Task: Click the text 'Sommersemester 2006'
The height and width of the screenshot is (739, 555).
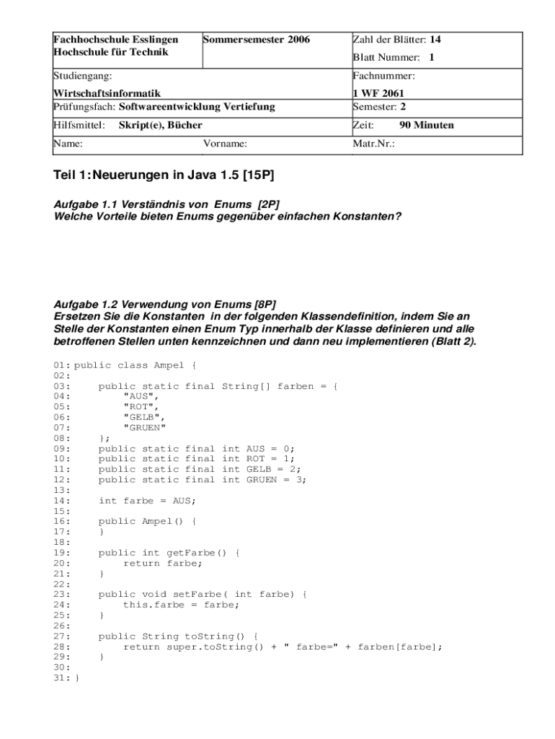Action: [257, 40]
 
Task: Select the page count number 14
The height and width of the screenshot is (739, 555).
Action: [435, 40]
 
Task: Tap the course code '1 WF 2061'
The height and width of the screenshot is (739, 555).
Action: [378, 93]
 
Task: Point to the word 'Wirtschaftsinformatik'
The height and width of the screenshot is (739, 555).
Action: [107, 93]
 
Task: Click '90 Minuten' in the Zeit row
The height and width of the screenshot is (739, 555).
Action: [427, 125]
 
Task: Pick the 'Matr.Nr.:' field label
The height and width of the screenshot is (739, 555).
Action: [374, 144]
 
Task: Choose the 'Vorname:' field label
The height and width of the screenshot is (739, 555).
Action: [225, 144]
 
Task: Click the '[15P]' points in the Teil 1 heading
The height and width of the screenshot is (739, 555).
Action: [259, 175]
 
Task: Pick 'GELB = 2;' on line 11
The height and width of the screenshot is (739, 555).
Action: [274, 469]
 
